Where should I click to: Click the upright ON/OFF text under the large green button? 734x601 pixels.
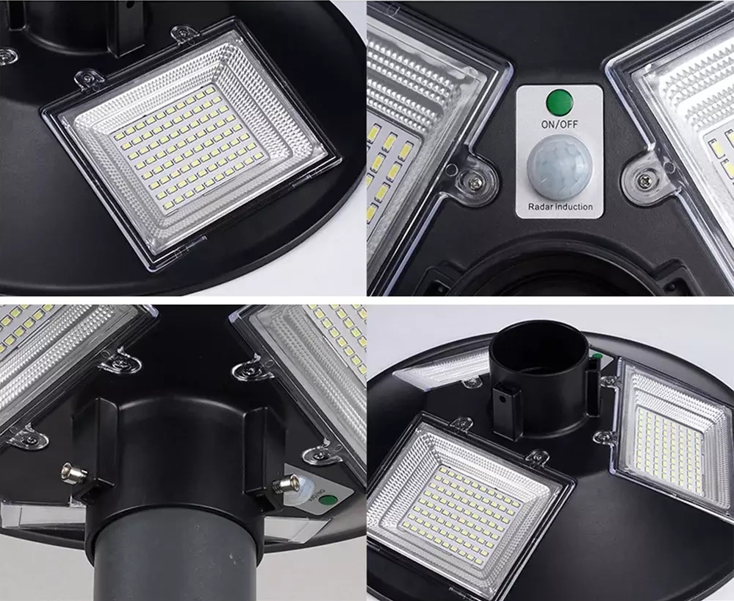[x=559, y=125]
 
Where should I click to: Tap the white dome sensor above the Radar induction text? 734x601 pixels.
[x=559, y=167]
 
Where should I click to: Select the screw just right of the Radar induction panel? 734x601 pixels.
[x=645, y=178]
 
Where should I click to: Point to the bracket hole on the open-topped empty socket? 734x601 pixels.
[x=503, y=398]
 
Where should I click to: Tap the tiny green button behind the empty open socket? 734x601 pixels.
[x=597, y=357]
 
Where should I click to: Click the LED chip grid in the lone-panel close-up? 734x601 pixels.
[x=187, y=146]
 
